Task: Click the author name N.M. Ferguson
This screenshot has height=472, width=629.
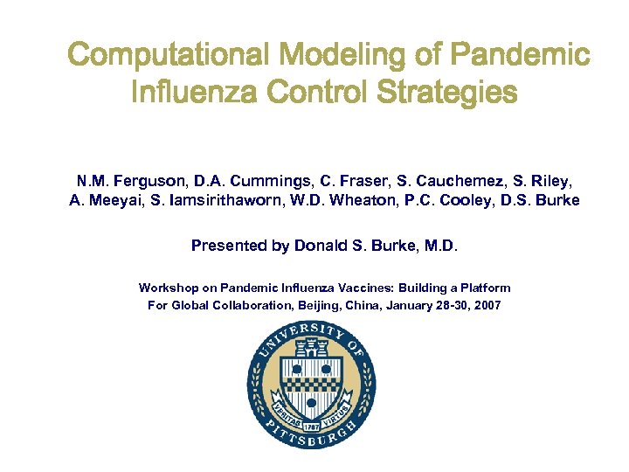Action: click(122, 182)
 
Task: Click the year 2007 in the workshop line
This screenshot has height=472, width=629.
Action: click(486, 305)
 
